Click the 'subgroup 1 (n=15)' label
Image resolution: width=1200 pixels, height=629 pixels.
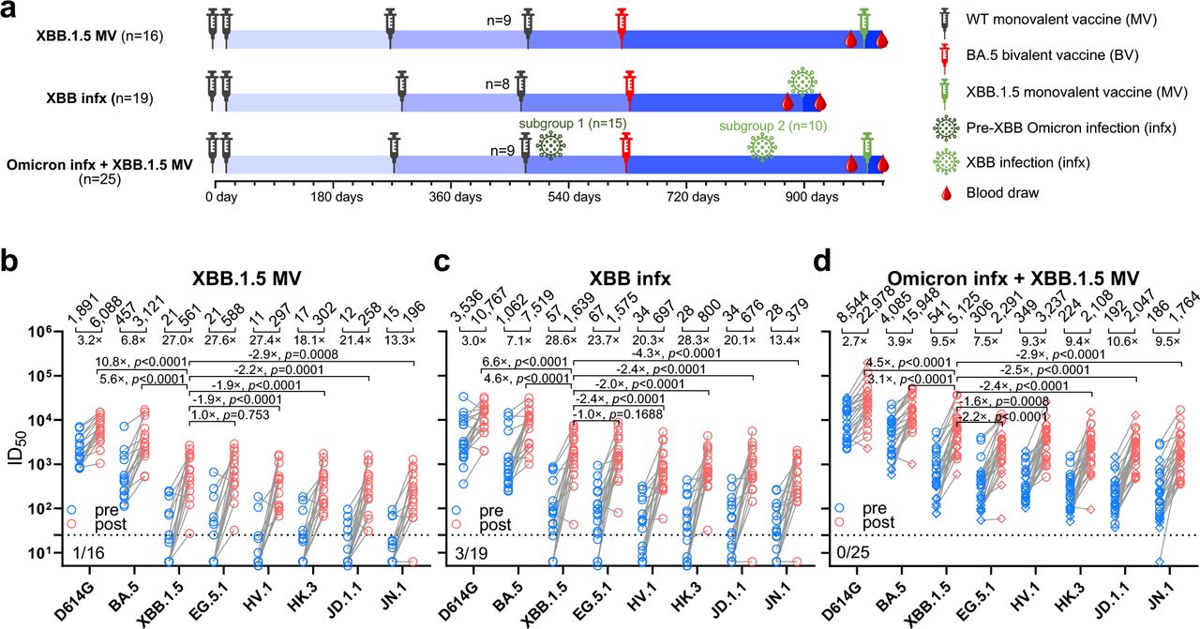click(574, 124)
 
